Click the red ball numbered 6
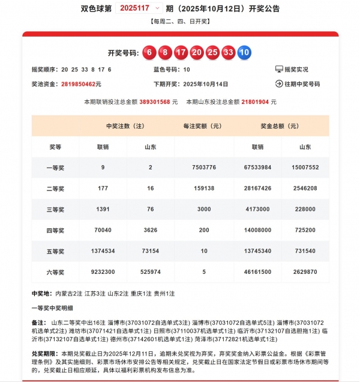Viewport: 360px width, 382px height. click(149, 53)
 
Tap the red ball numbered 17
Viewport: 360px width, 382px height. click(181, 53)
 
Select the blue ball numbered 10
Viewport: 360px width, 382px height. click(244, 53)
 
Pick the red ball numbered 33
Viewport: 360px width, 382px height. click(228, 53)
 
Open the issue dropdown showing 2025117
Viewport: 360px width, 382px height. click(140, 8)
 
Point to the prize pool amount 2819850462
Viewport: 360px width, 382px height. click(81, 84)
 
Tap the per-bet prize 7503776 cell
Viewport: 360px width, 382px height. click(203, 167)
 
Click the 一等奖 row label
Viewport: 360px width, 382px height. click(55, 167)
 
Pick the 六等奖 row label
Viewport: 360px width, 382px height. click(55, 272)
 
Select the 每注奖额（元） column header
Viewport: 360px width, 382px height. click(203, 126)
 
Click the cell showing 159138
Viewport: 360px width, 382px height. click(203, 188)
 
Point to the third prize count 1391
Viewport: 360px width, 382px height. click(103, 209)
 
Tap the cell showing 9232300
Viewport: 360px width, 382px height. click(103, 272)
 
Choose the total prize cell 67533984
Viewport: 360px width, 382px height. click(258, 167)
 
